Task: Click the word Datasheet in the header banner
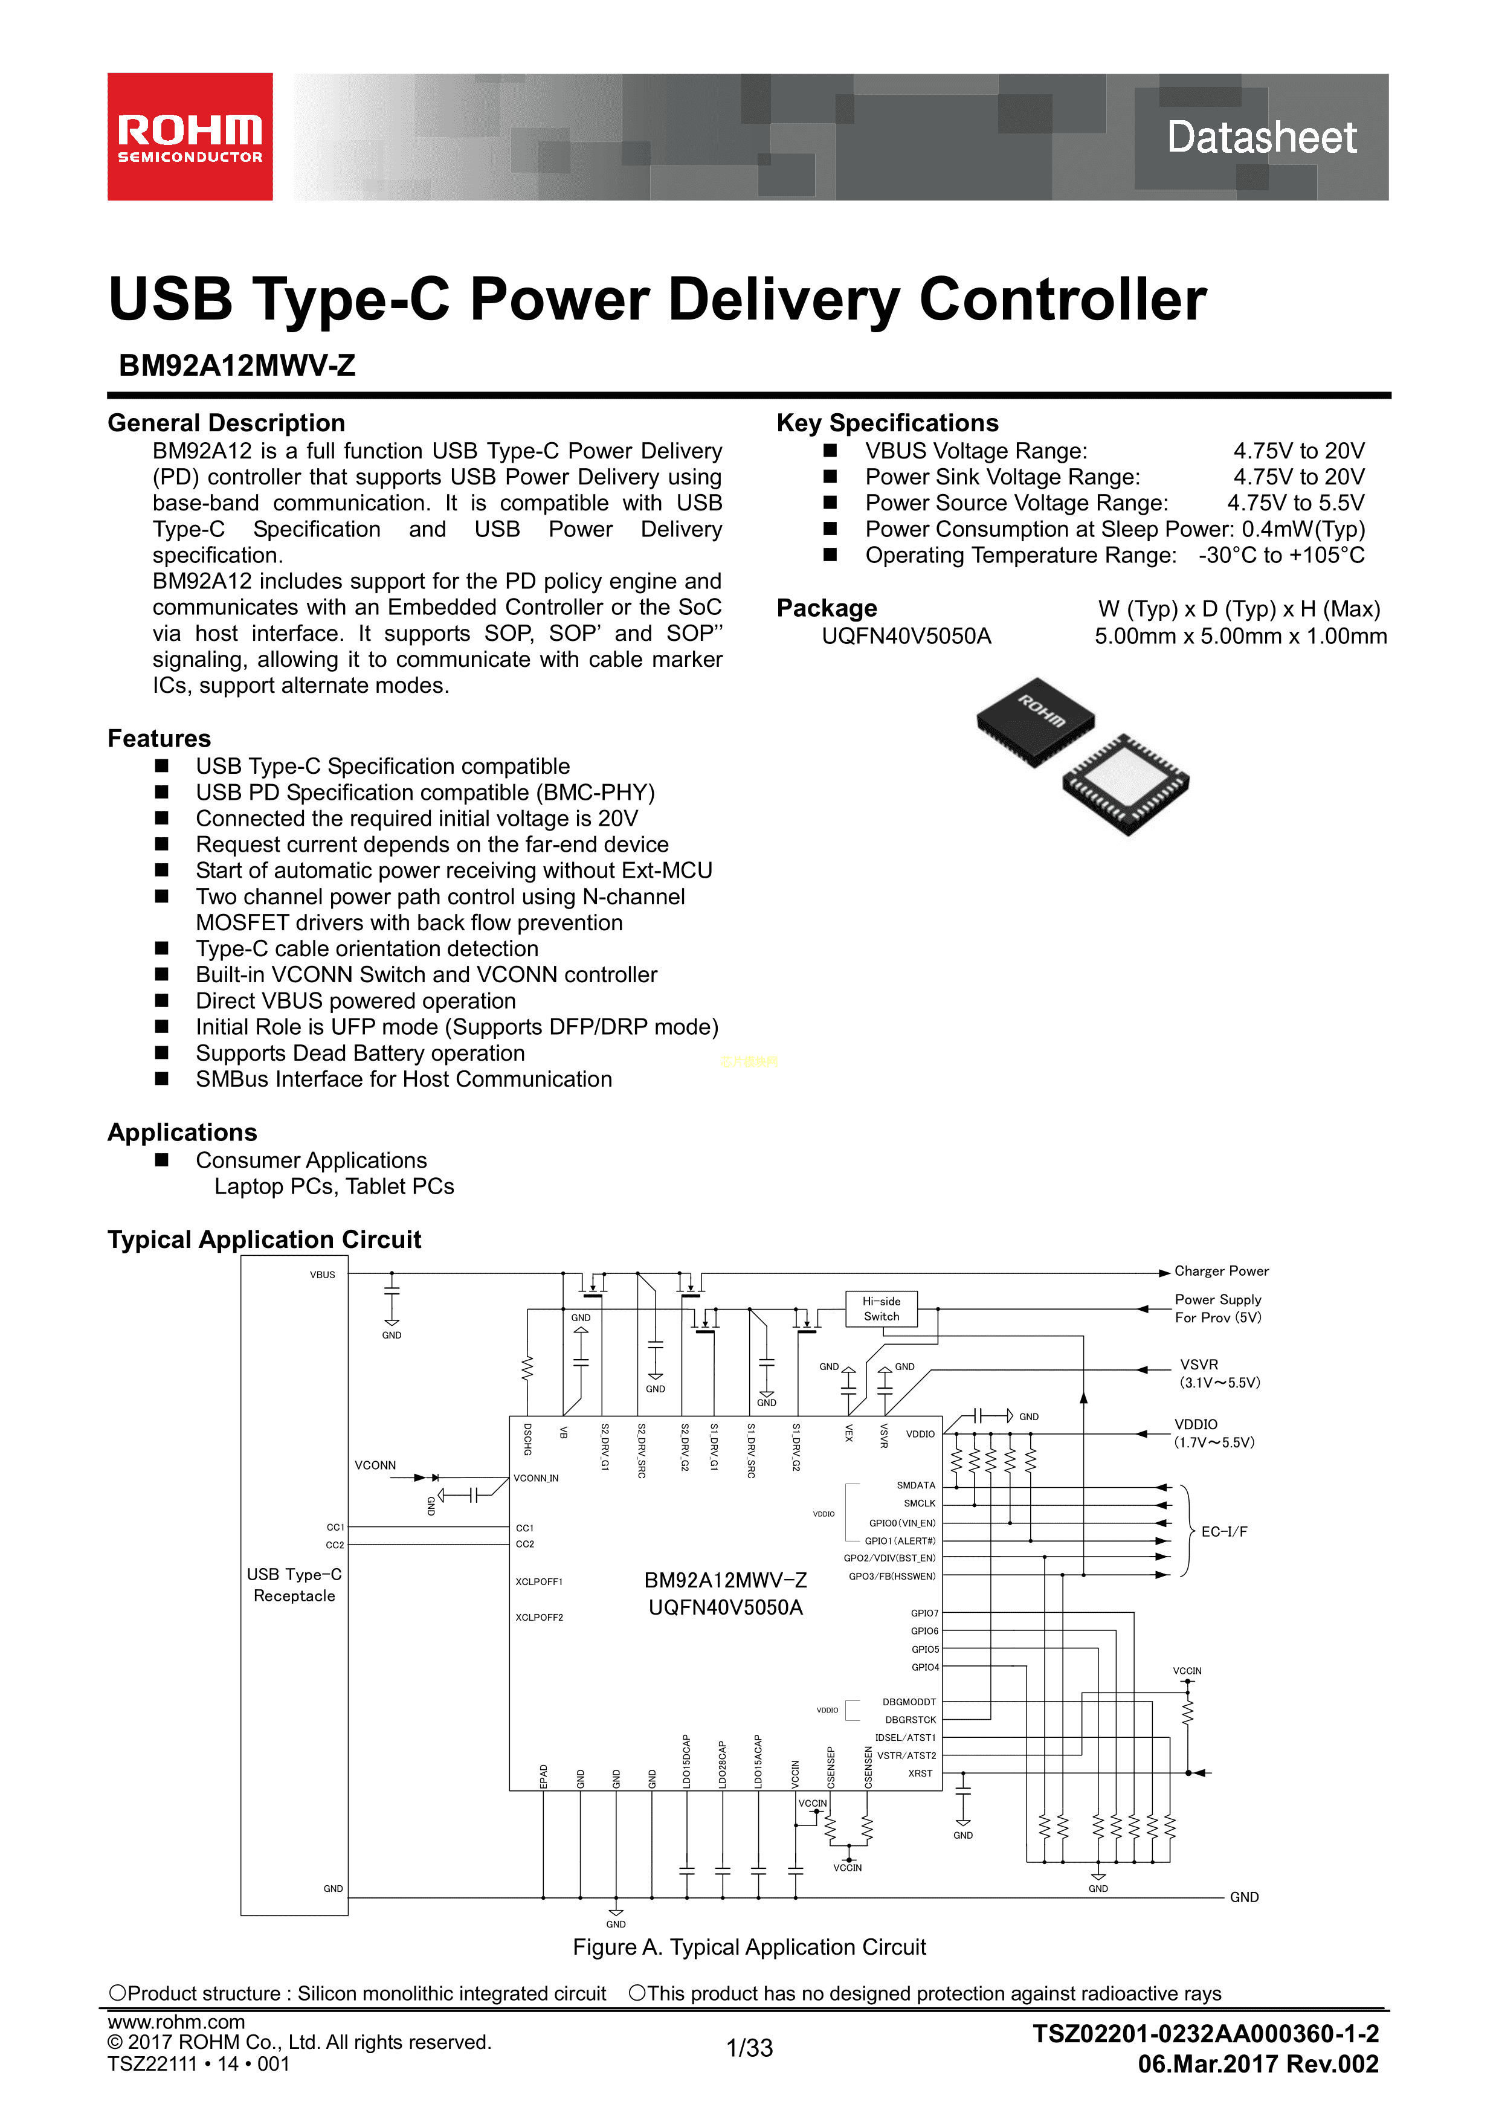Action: pyautogui.click(x=1261, y=138)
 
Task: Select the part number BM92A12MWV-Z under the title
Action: pyautogui.click(x=237, y=365)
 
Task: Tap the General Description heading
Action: pyautogui.click(x=226, y=423)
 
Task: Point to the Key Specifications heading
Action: pyautogui.click(x=887, y=423)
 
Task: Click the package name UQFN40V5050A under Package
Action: pyautogui.click(x=906, y=636)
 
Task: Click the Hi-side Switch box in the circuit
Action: pyautogui.click(x=882, y=1309)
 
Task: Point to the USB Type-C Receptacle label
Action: pyautogui.click(x=294, y=1584)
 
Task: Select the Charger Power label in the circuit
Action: pyautogui.click(x=1221, y=1271)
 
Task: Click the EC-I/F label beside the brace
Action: pyautogui.click(x=1224, y=1532)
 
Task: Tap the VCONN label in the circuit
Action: pyautogui.click(x=375, y=1465)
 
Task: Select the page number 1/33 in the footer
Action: pyautogui.click(x=749, y=2048)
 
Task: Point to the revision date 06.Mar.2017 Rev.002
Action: pyautogui.click(x=1258, y=2065)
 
